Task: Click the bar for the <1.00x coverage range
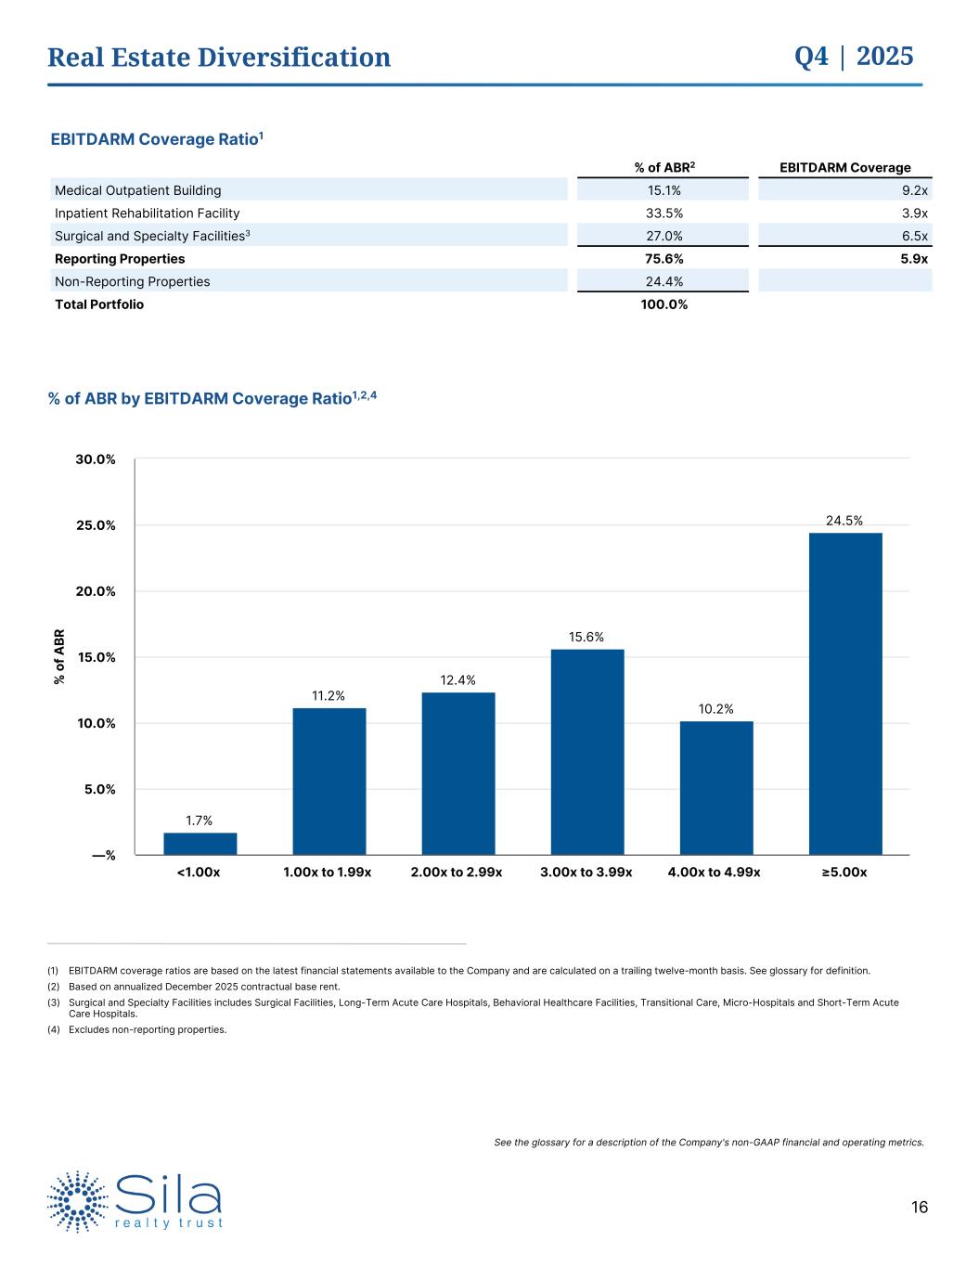point(200,844)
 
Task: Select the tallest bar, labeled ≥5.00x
point(845,693)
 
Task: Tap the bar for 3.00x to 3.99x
point(587,752)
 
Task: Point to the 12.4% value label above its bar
point(458,680)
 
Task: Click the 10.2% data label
point(716,709)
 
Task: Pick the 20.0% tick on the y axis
point(96,591)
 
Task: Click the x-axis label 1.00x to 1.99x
point(328,873)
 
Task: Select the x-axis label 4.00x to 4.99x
point(714,873)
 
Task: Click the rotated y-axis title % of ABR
point(59,657)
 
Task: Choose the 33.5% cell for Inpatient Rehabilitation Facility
point(663,213)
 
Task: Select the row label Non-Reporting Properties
point(133,281)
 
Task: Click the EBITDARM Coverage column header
point(844,167)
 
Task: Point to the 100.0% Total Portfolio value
point(663,304)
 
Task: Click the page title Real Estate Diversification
point(219,58)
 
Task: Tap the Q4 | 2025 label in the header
point(854,57)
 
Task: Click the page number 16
point(919,1208)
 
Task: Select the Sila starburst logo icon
point(78,1201)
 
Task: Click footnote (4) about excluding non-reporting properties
point(147,1029)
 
